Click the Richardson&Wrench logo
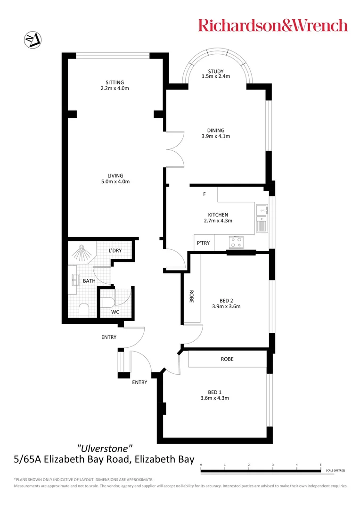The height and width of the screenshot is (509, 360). (x=273, y=25)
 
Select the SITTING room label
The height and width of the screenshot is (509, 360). (x=115, y=82)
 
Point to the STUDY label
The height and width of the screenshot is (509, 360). (x=216, y=72)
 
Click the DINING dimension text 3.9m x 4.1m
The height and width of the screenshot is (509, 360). (x=216, y=137)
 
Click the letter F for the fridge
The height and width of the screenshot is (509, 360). (x=204, y=194)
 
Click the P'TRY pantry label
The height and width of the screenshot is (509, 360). (x=203, y=243)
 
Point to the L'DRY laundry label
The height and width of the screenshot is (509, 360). (x=115, y=250)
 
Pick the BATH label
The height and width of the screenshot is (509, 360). (x=89, y=281)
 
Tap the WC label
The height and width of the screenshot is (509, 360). (x=115, y=312)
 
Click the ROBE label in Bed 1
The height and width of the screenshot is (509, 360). (x=227, y=359)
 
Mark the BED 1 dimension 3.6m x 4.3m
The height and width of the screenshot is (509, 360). (x=215, y=398)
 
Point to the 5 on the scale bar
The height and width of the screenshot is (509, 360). (x=320, y=465)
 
